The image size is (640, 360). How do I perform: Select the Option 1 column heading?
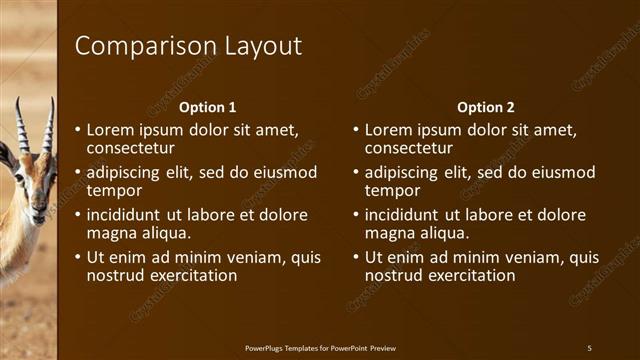point(207,107)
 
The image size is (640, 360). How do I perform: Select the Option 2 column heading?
point(485,107)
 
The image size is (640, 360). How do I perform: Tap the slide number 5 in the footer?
point(589,347)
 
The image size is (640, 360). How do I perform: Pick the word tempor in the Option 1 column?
point(114,190)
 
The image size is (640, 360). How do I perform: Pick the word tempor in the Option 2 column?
point(392,190)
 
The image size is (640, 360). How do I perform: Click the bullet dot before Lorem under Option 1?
point(78,130)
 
